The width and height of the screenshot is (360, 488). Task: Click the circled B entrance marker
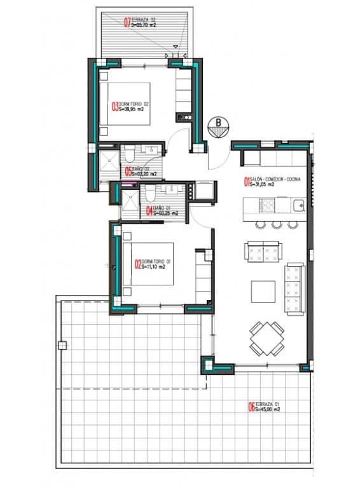[x=218, y=125]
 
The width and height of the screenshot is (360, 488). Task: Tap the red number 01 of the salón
[x=247, y=183]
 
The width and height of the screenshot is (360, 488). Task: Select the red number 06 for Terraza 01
[x=251, y=407]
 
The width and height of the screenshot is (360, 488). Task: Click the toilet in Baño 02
[x=129, y=153]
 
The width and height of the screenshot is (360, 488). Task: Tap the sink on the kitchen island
[x=298, y=205]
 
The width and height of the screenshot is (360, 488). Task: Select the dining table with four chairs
[x=267, y=338]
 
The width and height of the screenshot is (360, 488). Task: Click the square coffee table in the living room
[x=263, y=292]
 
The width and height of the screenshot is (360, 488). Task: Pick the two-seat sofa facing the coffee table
[x=263, y=252]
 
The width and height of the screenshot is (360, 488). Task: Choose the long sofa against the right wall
[x=294, y=288]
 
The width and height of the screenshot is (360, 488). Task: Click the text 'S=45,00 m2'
[x=268, y=410]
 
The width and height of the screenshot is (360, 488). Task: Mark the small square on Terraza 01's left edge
[x=62, y=346]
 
